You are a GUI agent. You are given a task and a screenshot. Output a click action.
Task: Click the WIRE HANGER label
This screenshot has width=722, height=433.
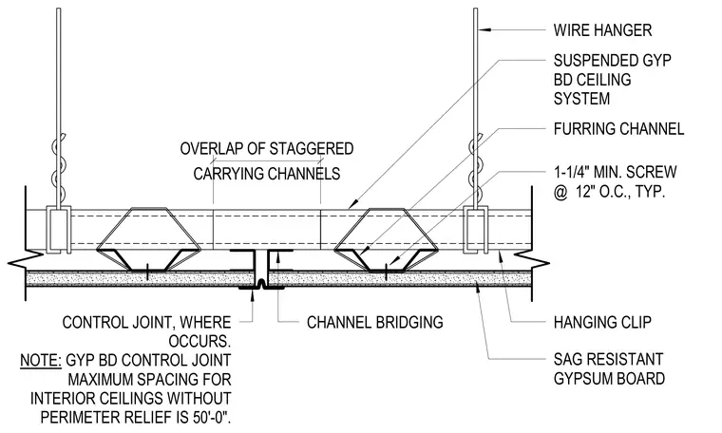click(x=602, y=30)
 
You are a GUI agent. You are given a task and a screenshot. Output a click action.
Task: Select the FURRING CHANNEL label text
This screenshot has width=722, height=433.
click(x=618, y=129)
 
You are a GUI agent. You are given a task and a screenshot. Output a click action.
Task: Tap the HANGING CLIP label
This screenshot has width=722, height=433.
click(x=602, y=322)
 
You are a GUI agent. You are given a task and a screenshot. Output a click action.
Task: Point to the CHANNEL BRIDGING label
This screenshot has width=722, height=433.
click(x=375, y=322)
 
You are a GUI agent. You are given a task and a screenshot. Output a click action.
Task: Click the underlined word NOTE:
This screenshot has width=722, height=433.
click(x=41, y=360)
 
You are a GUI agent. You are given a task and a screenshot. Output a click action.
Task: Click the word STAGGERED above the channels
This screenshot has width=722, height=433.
click(x=312, y=149)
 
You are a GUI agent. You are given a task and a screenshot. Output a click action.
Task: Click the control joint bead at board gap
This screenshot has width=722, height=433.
click(x=261, y=285)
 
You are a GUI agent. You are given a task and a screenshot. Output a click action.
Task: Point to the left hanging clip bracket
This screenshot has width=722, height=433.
click(x=59, y=230)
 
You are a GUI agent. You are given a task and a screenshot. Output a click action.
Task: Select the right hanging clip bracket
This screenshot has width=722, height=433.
click(x=476, y=230)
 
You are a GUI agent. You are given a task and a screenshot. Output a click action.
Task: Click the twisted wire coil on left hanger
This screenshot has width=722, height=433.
click(x=57, y=166)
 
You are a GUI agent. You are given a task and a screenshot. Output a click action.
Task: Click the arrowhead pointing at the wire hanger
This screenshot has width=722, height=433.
click(x=484, y=30)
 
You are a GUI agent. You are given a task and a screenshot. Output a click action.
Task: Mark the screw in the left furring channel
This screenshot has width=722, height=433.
click(x=147, y=271)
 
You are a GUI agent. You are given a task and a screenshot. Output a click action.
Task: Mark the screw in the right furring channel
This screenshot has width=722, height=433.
click(x=386, y=271)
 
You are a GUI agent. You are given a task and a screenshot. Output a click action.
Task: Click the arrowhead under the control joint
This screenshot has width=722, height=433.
click(x=253, y=294)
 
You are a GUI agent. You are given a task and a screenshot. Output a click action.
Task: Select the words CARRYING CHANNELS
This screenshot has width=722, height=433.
click(x=267, y=174)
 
